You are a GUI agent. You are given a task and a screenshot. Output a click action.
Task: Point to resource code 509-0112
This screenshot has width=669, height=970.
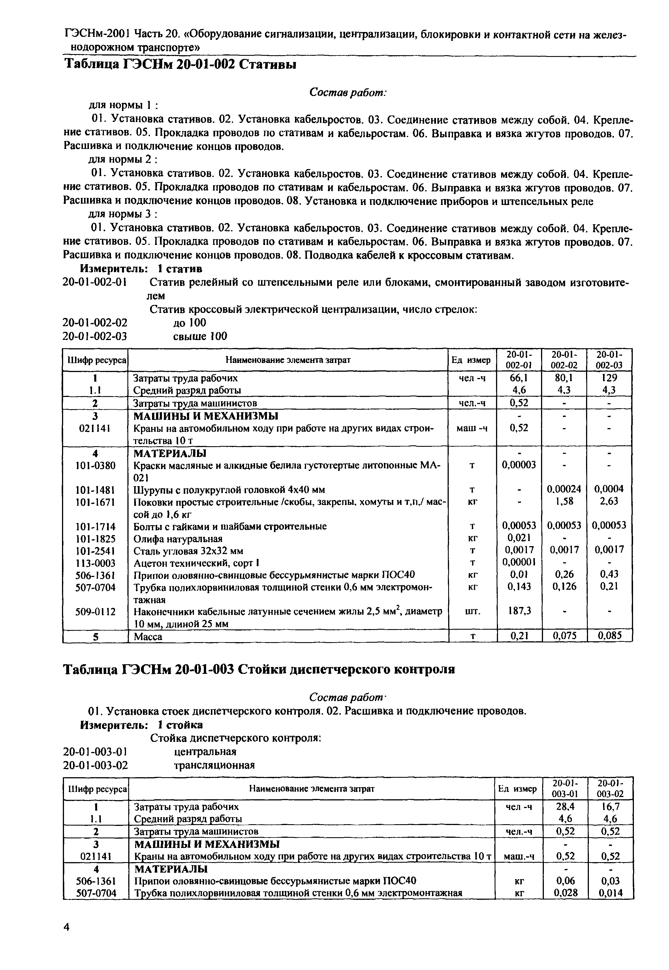click(x=95, y=612)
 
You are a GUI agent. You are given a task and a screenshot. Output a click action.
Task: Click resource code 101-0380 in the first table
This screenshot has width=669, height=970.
click(x=95, y=465)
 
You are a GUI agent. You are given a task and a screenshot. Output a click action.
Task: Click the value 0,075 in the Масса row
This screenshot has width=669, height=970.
click(x=564, y=636)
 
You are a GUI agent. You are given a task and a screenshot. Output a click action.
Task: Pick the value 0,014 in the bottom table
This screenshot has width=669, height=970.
click(x=610, y=893)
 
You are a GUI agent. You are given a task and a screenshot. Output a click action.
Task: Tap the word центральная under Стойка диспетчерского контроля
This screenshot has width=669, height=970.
click(x=205, y=751)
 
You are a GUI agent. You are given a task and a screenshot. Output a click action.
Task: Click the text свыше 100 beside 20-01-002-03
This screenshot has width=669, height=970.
click(x=200, y=336)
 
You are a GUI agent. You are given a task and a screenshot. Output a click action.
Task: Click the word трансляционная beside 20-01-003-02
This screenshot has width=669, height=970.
click(x=214, y=765)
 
